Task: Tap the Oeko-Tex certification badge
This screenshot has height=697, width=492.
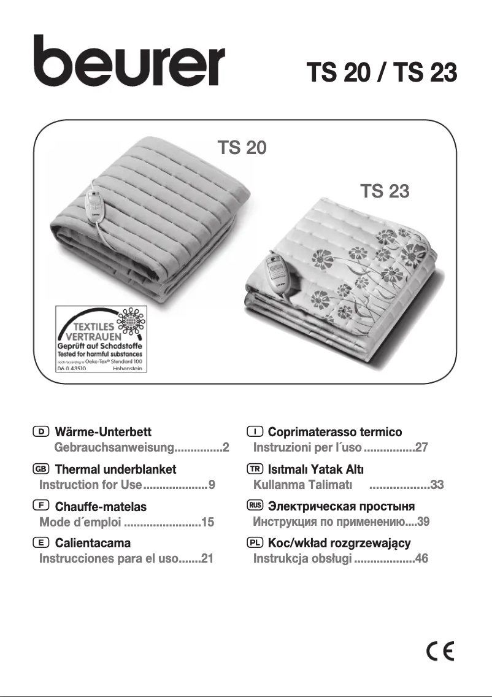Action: pyautogui.click(x=102, y=338)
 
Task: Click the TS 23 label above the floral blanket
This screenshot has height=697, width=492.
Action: pyautogui.click(x=385, y=191)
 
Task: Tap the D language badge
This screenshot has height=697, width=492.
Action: pyautogui.click(x=41, y=433)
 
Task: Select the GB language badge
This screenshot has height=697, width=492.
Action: pyautogui.click(x=41, y=469)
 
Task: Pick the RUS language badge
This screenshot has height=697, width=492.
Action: pyautogui.click(x=255, y=506)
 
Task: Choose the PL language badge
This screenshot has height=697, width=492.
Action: pyautogui.click(x=255, y=543)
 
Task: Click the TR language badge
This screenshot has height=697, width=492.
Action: pyautogui.click(x=255, y=469)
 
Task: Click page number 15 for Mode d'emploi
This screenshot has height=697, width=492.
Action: pyautogui.click(x=207, y=523)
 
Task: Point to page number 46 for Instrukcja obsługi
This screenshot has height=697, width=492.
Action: pyautogui.click(x=421, y=559)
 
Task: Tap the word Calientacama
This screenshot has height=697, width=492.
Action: pyautogui.click(x=93, y=544)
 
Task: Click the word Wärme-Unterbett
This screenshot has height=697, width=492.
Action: pyautogui.click(x=103, y=433)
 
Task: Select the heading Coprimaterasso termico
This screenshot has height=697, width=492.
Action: pyautogui.click(x=335, y=433)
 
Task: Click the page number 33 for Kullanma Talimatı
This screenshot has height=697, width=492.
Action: pyautogui.click(x=437, y=485)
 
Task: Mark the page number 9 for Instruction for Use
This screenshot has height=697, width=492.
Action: pyautogui.click(x=212, y=485)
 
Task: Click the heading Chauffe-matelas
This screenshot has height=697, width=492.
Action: pyautogui.click(x=101, y=507)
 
